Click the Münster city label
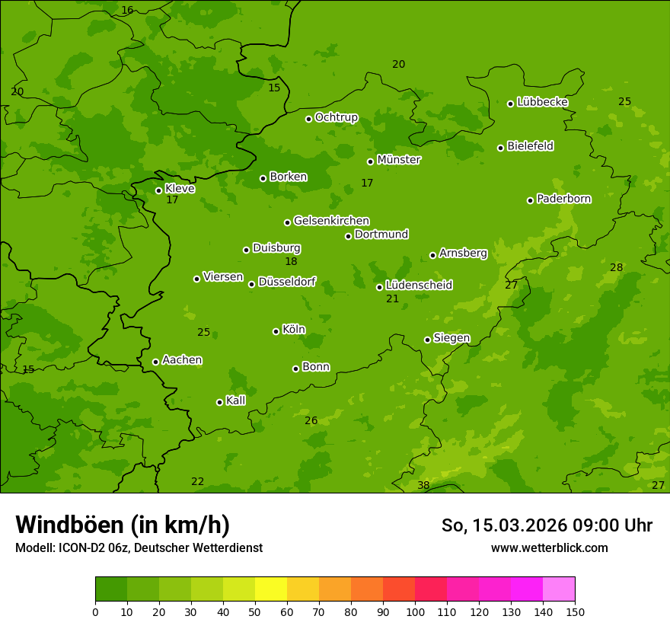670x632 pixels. click(398, 160)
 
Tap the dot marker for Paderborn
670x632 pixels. click(530, 200)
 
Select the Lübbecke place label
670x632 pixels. click(542, 102)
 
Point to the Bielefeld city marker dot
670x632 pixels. click(500, 148)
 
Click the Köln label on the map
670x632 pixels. click(293, 330)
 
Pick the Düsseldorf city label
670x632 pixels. click(286, 282)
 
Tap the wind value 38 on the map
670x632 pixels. click(423, 485)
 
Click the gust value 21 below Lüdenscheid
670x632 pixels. click(392, 299)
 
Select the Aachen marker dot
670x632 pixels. click(155, 362)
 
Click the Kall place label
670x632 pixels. click(235, 401)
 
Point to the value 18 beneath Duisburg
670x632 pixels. click(291, 262)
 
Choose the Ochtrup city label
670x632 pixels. click(336, 117)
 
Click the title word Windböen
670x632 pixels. click(69, 525)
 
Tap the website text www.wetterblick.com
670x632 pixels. click(549, 548)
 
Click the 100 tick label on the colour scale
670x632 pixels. click(415, 611)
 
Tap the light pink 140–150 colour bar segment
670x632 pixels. click(559, 589)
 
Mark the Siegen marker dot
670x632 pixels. click(427, 340)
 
